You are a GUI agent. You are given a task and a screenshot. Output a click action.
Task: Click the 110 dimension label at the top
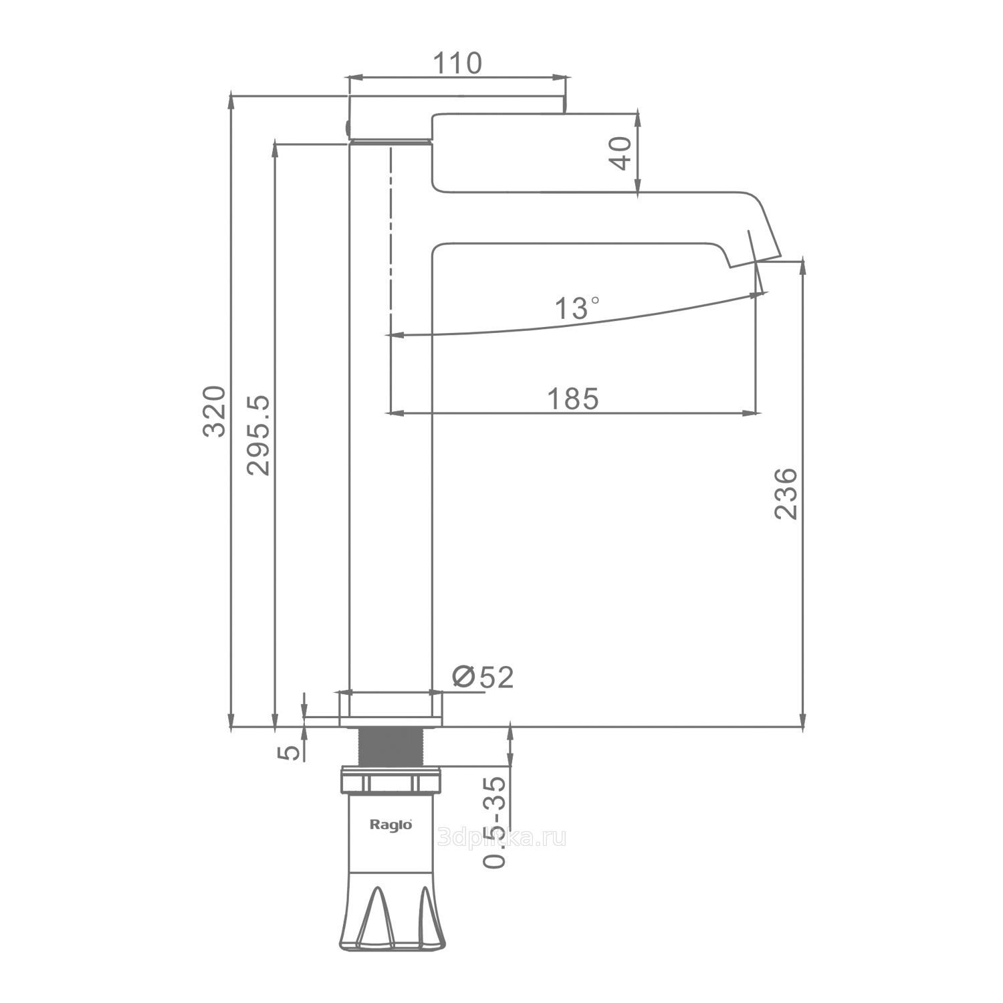click(457, 63)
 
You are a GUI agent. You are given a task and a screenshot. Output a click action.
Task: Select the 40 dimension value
click(621, 153)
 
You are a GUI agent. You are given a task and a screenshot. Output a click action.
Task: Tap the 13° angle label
click(576, 308)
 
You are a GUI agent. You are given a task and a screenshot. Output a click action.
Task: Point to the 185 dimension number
click(573, 399)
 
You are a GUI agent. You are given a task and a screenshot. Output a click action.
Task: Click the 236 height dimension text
click(786, 493)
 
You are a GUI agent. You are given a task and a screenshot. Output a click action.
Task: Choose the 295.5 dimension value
click(259, 435)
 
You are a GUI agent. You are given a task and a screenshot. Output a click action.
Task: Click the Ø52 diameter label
click(483, 677)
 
